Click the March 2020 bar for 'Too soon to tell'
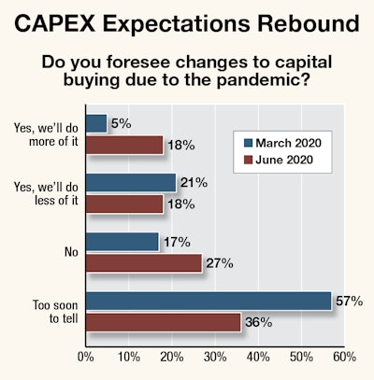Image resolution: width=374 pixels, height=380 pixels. point(208,301)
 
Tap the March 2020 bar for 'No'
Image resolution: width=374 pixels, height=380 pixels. point(122,241)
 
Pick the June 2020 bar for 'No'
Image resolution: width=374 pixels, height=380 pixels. point(143,262)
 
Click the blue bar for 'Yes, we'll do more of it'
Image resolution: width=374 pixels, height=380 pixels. point(95,122)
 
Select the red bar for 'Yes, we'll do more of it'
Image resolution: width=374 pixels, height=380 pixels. point(123,144)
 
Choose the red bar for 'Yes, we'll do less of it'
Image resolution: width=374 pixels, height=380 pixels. point(123,204)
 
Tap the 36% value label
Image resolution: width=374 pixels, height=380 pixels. point(258,323)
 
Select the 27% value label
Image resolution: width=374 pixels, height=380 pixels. point(219,262)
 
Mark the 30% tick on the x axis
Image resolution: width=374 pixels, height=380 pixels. point(215,356)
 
